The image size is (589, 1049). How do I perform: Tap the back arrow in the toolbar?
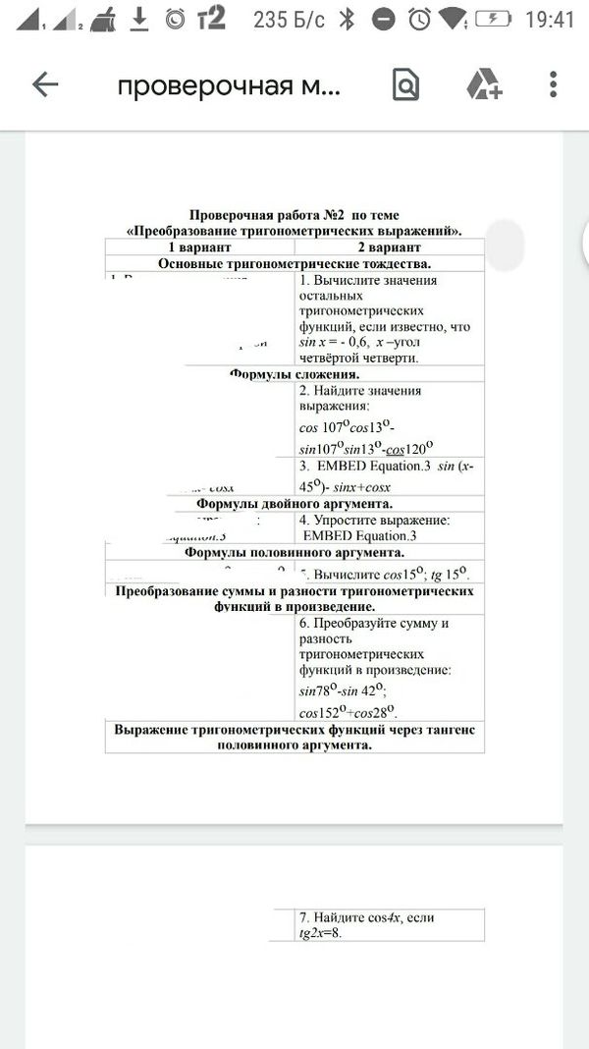click(45, 85)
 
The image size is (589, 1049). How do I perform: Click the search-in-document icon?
click(404, 85)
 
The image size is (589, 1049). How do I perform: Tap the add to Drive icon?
click(483, 85)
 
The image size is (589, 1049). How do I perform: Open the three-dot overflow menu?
click(555, 85)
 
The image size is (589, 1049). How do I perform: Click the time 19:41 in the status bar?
click(550, 19)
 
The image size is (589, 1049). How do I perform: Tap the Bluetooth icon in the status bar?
click(347, 19)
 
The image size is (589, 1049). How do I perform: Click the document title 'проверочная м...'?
click(229, 86)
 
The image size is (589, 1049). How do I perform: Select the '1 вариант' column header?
click(199, 248)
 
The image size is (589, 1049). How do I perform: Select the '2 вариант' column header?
click(389, 248)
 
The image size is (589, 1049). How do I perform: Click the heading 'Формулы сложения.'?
click(294, 374)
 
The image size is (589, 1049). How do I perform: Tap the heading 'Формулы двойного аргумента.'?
click(294, 504)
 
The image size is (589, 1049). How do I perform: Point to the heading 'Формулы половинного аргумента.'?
click(294, 552)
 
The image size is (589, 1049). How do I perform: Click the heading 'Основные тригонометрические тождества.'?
click(294, 263)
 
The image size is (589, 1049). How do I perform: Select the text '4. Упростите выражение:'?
click(374, 520)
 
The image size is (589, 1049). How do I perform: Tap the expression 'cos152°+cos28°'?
click(347, 712)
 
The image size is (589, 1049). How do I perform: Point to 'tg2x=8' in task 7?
click(320, 933)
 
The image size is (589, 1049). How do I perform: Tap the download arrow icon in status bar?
click(138, 18)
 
